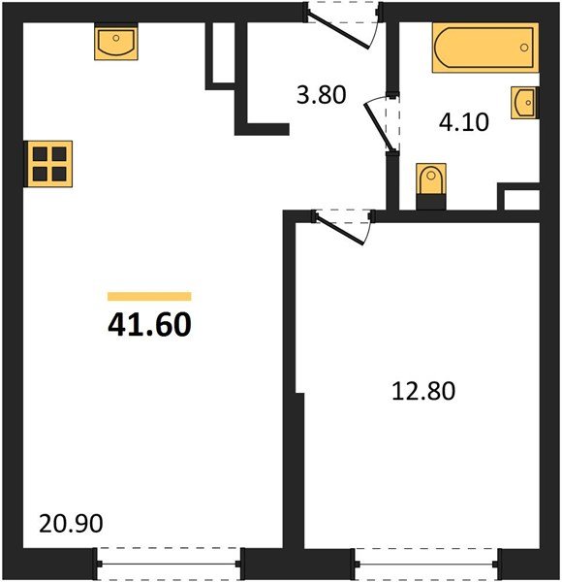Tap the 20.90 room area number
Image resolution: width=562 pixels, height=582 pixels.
click(71, 525)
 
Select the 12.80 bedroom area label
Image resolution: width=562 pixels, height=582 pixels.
click(422, 392)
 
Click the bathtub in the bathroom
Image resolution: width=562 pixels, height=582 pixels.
click(484, 48)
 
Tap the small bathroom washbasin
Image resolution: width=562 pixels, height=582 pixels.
click(524, 101)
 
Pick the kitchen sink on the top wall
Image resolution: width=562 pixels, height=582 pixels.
click(116, 44)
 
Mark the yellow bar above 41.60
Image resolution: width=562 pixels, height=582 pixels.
click(149, 297)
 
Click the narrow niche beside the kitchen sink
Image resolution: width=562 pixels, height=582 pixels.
click(222, 53)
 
